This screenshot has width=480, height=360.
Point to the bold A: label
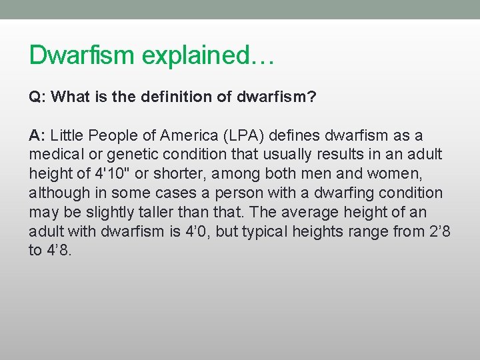pos(37,136)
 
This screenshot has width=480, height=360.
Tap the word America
pos(182,136)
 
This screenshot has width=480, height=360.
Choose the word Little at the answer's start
pos(66,136)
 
